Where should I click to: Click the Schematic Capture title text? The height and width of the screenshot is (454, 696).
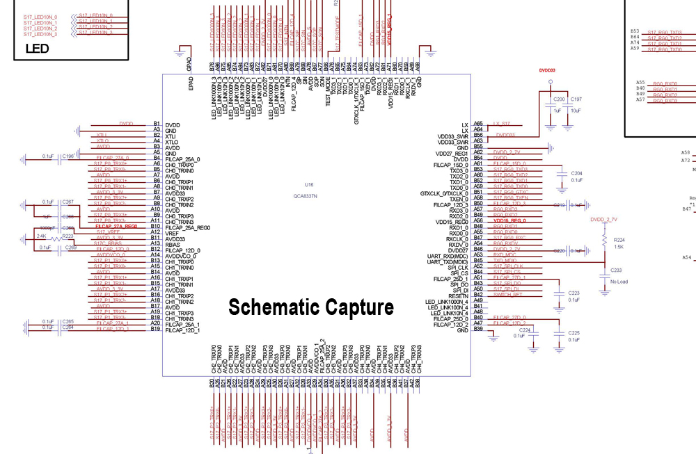coord(311,307)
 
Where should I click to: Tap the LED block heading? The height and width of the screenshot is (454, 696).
coord(36,49)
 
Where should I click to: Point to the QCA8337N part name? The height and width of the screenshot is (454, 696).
coord(306,197)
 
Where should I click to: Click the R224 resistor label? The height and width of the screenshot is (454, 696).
coord(619,240)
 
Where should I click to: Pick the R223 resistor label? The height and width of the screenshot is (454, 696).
coord(68,236)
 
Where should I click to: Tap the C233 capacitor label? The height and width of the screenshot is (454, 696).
coord(615,270)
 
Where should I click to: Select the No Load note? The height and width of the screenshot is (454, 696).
coord(619,282)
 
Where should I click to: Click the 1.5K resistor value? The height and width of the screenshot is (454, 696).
coord(619,247)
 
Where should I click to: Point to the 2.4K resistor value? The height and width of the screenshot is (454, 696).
coord(41,236)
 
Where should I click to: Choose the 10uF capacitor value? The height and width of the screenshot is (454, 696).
coord(576,111)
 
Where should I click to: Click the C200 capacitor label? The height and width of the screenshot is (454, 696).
coord(558,100)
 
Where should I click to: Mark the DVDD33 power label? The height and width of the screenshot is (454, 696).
coord(547,70)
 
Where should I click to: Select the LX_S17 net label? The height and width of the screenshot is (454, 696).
coord(501,124)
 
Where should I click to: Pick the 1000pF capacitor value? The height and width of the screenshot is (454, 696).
coord(47,227)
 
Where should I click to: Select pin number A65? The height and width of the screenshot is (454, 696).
coord(478,124)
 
